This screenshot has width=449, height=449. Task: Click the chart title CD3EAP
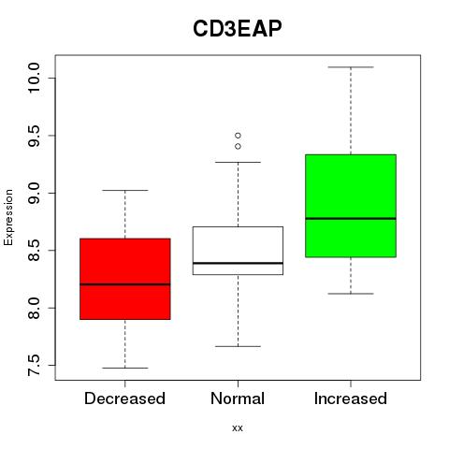(x=238, y=29)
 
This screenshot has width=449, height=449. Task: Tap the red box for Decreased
(x=125, y=279)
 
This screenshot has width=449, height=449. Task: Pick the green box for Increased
(x=351, y=206)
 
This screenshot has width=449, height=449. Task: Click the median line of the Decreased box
(x=125, y=284)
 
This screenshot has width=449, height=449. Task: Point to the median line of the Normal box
(x=238, y=263)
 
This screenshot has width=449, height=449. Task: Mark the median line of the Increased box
(x=351, y=218)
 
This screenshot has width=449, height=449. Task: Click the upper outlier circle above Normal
(x=238, y=136)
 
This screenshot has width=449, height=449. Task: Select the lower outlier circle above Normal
(x=238, y=146)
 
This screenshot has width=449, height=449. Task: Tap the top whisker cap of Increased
(x=351, y=67)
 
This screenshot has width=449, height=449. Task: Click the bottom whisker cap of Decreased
(x=125, y=368)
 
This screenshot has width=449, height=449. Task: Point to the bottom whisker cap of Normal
(x=238, y=346)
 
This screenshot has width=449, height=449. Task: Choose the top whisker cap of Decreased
(x=125, y=190)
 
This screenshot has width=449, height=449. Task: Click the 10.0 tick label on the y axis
(x=34, y=78)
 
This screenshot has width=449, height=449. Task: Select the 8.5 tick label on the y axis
(x=34, y=251)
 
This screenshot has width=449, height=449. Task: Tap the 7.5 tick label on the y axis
(x=34, y=365)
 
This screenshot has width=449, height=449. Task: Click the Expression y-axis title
(x=8, y=217)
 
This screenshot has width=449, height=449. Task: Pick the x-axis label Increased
(x=351, y=398)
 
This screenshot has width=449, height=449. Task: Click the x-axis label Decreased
(x=124, y=398)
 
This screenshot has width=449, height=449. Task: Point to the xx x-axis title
(x=238, y=428)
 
